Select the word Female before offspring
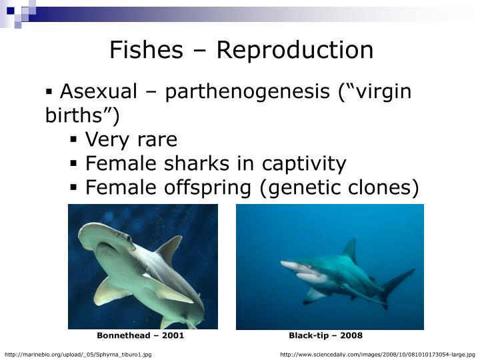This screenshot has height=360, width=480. [x=119, y=187]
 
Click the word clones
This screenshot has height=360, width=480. [x=383, y=187]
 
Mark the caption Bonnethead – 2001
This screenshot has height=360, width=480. [x=141, y=335]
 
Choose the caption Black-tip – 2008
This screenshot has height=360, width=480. [x=325, y=335]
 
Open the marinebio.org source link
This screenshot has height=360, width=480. [x=78, y=354]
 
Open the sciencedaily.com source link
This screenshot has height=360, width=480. [x=377, y=354]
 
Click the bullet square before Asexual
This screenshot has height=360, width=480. [x=49, y=91]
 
